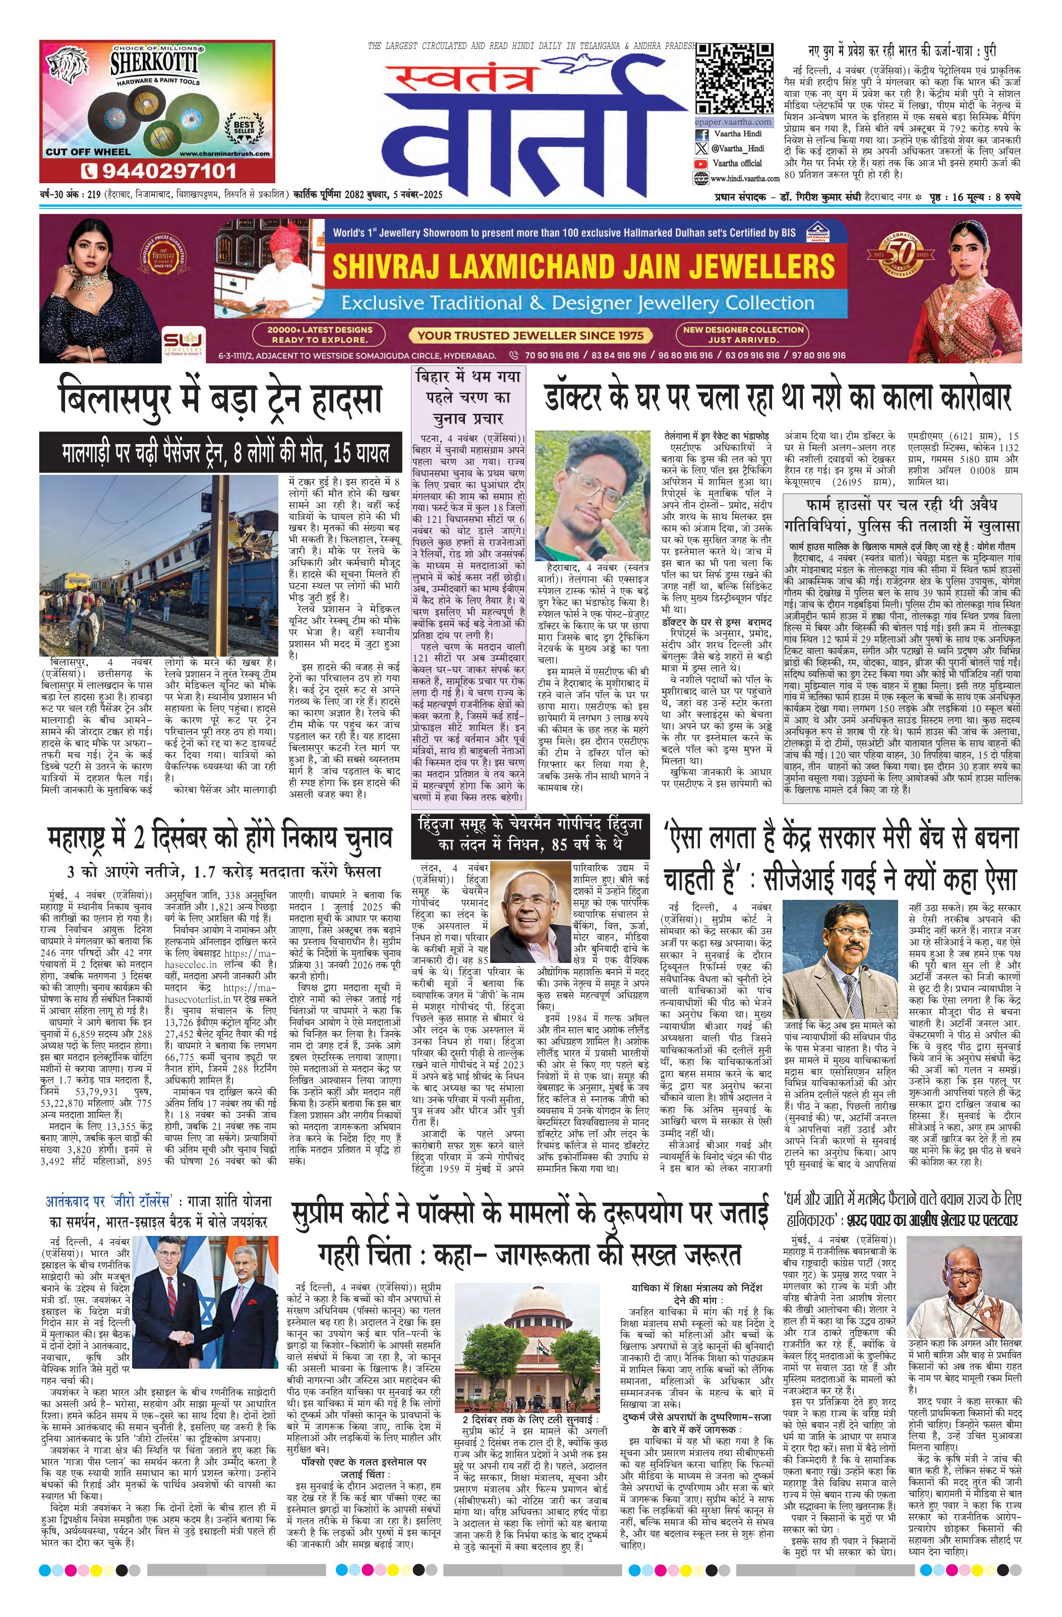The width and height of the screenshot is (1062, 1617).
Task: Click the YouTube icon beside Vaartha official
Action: coord(700,164)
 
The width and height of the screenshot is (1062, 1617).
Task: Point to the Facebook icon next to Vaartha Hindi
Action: coord(700,135)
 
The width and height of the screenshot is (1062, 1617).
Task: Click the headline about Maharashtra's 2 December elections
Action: coord(220,839)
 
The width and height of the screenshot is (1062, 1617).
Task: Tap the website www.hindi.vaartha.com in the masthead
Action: coord(745,178)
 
